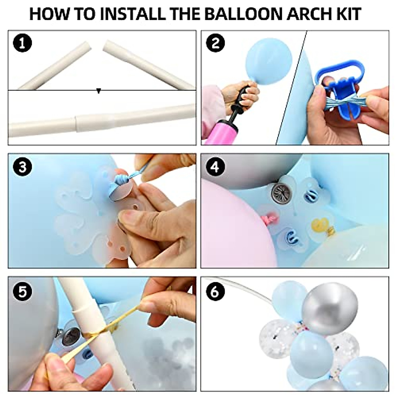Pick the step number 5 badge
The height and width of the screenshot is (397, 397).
(22, 291)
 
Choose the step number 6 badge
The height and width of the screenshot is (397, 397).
(215, 291)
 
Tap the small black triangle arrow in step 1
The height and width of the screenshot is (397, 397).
(99, 91)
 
